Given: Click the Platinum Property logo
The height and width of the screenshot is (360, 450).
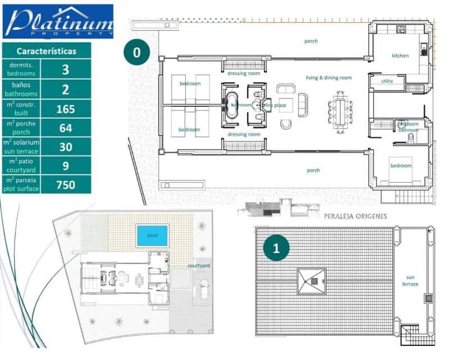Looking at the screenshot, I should [x=58, y=21].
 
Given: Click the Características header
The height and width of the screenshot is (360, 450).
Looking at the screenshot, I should [x=46, y=51].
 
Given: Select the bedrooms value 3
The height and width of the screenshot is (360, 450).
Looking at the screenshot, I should [x=66, y=70].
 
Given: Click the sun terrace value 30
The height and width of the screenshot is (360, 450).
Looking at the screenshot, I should [x=66, y=146].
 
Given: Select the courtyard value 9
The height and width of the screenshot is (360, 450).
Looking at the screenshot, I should [x=66, y=165].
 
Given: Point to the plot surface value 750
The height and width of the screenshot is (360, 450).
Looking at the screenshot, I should [x=66, y=184].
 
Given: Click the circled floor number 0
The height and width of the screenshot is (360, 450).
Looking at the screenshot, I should [x=137, y=52].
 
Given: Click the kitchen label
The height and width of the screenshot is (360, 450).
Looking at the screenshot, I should [x=400, y=56].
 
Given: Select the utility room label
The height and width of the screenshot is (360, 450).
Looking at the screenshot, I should [x=387, y=82].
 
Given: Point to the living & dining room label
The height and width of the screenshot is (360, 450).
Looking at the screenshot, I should [x=328, y=78].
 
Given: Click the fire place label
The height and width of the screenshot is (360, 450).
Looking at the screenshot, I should [x=276, y=105].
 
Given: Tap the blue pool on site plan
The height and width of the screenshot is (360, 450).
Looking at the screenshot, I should [x=152, y=235].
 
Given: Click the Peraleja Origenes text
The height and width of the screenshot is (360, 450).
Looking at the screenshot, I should [x=355, y=216].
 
